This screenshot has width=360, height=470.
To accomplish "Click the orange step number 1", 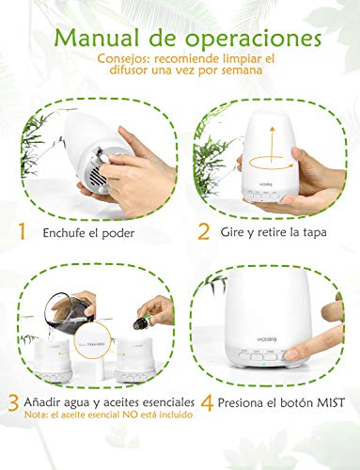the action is click(x=22, y=231).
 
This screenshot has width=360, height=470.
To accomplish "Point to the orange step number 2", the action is click(x=204, y=231).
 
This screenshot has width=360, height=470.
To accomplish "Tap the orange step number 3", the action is click(x=13, y=403).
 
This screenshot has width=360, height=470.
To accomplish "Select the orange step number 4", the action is click(x=207, y=403).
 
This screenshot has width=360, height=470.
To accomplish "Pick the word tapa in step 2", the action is click(x=315, y=233).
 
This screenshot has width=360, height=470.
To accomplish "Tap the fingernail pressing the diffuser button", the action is click(x=291, y=354).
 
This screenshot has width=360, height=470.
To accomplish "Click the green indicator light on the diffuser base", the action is click(x=264, y=365).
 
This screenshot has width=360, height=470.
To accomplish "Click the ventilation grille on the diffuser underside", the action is click(x=97, y=178).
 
